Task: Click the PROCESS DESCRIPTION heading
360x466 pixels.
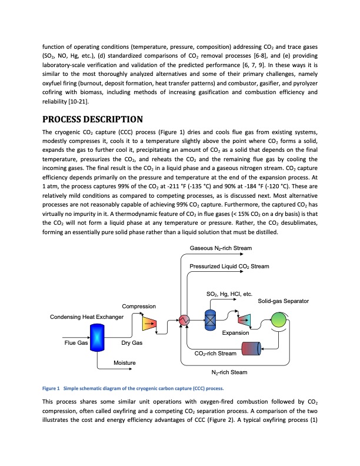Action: [92, 119]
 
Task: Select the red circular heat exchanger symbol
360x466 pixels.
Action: [183, 321]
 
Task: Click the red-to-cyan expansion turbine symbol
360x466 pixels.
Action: [244, 319]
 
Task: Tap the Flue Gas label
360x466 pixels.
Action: [75, 342]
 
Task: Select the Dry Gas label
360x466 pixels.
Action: [131, 342]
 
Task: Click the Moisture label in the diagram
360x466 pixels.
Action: [124, 362]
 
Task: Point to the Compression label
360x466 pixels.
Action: [139, 306]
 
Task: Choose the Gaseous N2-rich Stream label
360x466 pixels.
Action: [221, 248]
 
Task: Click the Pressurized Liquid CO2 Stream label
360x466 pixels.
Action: [229, 267]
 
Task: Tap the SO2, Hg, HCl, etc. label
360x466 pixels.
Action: [229, 293]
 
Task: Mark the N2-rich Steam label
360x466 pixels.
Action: [229, 372]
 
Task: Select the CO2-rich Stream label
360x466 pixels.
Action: [215, 353]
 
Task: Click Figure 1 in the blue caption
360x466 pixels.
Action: [51, 389]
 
